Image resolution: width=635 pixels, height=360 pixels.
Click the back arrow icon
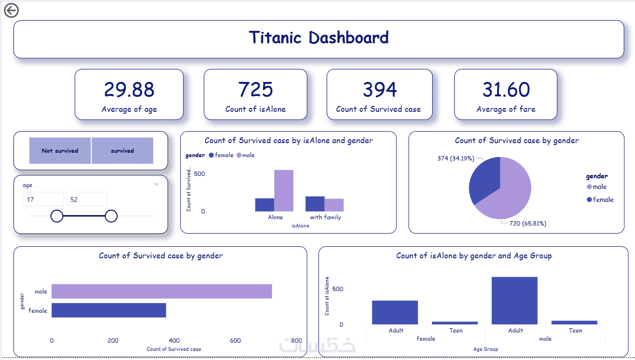click(12, 11)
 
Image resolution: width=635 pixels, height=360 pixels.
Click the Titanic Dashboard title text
click(318, 38)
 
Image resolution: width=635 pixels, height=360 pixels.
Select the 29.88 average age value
click(129, 89)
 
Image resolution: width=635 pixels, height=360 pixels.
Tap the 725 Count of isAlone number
click(255, 89)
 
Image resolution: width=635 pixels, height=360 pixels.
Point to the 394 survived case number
click(380, 89)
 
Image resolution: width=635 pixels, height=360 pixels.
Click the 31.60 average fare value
click(506, 89)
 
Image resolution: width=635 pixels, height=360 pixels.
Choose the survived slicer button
click(122, 150)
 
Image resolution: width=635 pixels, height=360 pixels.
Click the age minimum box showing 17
click(43, 199)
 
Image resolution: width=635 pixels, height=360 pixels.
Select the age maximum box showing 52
click(87, 199)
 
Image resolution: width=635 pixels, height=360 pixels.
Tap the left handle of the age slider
click(57, 216)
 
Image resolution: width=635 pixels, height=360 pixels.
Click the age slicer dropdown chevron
click(157, 184)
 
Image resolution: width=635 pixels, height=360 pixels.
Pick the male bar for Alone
click(284, 190)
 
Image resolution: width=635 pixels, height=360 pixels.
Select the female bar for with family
click(315, 204)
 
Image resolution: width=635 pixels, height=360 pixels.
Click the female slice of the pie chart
click(485, 180)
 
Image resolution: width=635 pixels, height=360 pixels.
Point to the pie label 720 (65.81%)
click(528, 223)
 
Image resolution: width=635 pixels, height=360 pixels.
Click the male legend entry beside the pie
click(597, 187)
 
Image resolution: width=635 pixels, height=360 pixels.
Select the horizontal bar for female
click(109, 310)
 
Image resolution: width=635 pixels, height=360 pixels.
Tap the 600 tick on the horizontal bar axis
click(235, 340)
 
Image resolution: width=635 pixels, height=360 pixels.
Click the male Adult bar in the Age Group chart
click(515, 300)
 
